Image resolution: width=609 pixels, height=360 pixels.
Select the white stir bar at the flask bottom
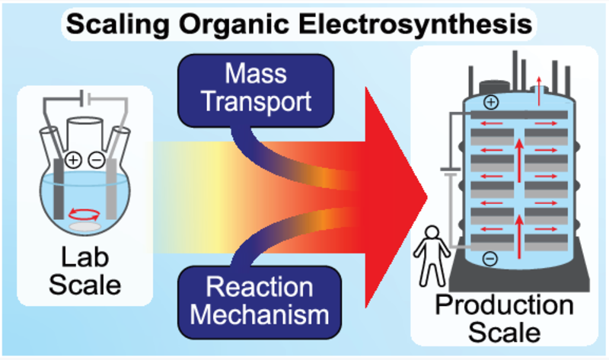point(85,225)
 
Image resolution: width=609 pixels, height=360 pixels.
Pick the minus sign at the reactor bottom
point(490,259)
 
